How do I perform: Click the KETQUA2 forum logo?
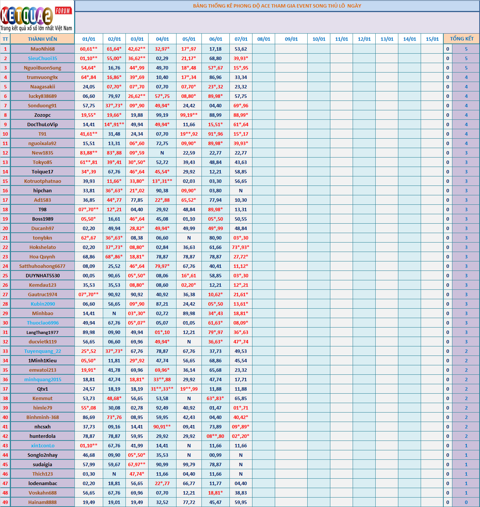tap(37, 17)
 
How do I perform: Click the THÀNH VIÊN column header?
tap(42, 39)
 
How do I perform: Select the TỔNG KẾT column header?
tap(461, 39)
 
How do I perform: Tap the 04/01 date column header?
tap(163, 39)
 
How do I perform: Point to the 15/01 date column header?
tap(432, 39)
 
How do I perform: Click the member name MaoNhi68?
tap(43, 49)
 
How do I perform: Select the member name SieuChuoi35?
tap(43, 58)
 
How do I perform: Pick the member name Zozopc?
tap(43, 115)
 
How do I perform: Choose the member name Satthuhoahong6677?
tap(42, 266)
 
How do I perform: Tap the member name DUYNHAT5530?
tap(43, 275)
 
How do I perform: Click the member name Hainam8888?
tap(43, 502)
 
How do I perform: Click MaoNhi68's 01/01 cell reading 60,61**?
tap(89, 49)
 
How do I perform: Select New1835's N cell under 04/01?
tap(162, 153)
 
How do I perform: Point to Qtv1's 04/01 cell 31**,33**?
tap(162, 389)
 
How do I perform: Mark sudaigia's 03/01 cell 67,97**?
tap(137, 464)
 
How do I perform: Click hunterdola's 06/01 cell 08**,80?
tap(215, 436)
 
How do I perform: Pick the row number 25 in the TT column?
tap(5, 275)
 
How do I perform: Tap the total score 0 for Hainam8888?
tap(466, 502)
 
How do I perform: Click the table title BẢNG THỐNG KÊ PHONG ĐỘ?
tap(277, 6)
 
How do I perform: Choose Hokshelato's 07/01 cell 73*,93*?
tap(241, 247)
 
